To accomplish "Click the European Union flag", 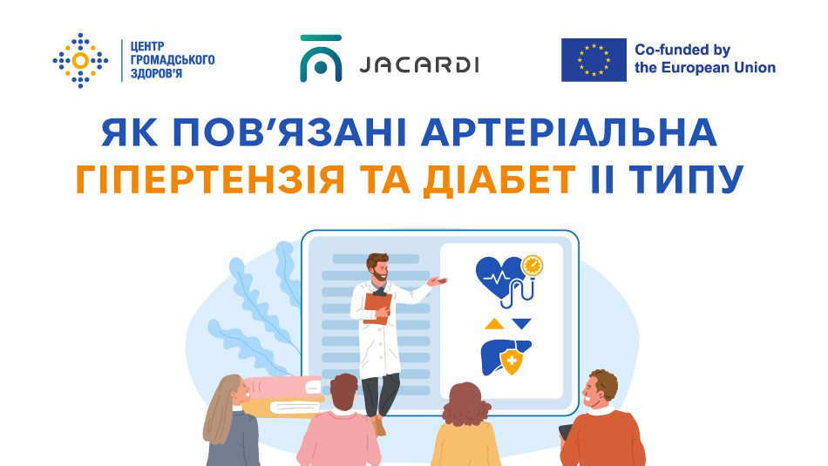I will pos(594,60).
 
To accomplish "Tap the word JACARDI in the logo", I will pos(418,65).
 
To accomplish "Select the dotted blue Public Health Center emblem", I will pos(81,60).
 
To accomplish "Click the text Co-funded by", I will pos(682,50).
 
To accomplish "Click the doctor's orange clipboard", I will pos(377,307).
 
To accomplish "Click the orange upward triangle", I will pos(493,324).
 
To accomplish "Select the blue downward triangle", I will pos(521,324).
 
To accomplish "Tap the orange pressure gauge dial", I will pos(531,264).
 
